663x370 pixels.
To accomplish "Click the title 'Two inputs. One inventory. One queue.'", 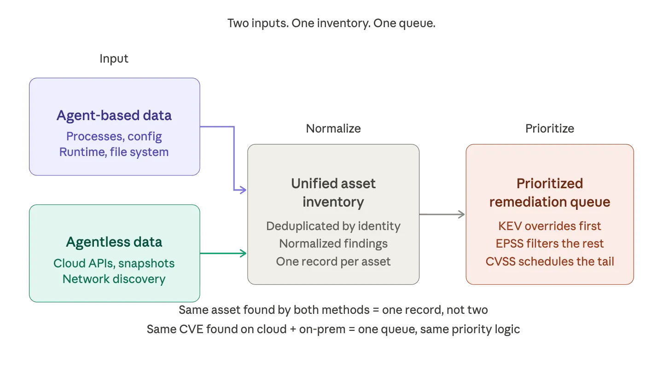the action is (x=331, y=23).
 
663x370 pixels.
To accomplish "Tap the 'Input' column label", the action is (x=114, y=59).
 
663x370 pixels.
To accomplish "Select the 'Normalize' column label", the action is (x=333, y=129).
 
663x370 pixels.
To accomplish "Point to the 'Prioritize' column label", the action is (x=550, y=129).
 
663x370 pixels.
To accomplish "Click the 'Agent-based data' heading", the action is (x=114, y=115).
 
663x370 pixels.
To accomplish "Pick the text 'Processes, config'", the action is (x=114, y=136).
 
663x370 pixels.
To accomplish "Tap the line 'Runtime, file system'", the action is (x=114, y=152).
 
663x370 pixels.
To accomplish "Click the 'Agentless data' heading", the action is (x=114, y=242).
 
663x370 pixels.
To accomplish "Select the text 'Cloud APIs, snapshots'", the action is (x=114, y=263).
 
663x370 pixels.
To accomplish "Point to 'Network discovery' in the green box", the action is (x=114, y=279).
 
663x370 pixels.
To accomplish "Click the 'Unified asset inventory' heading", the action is (x=333, y=192).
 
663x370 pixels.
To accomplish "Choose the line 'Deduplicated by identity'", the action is (x=333, y=226).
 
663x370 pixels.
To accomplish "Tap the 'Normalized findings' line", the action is (x=333, y=244).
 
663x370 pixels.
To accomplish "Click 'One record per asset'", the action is (x=333, y=261).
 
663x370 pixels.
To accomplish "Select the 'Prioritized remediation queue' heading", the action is (x=550, y=192).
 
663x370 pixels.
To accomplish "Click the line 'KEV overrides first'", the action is (x=550, y=226).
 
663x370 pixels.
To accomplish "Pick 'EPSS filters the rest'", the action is (x=550, y=244).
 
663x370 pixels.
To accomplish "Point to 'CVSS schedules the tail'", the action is (x=550, y=261).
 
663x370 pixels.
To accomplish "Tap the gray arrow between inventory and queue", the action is (x=442, y=214).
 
